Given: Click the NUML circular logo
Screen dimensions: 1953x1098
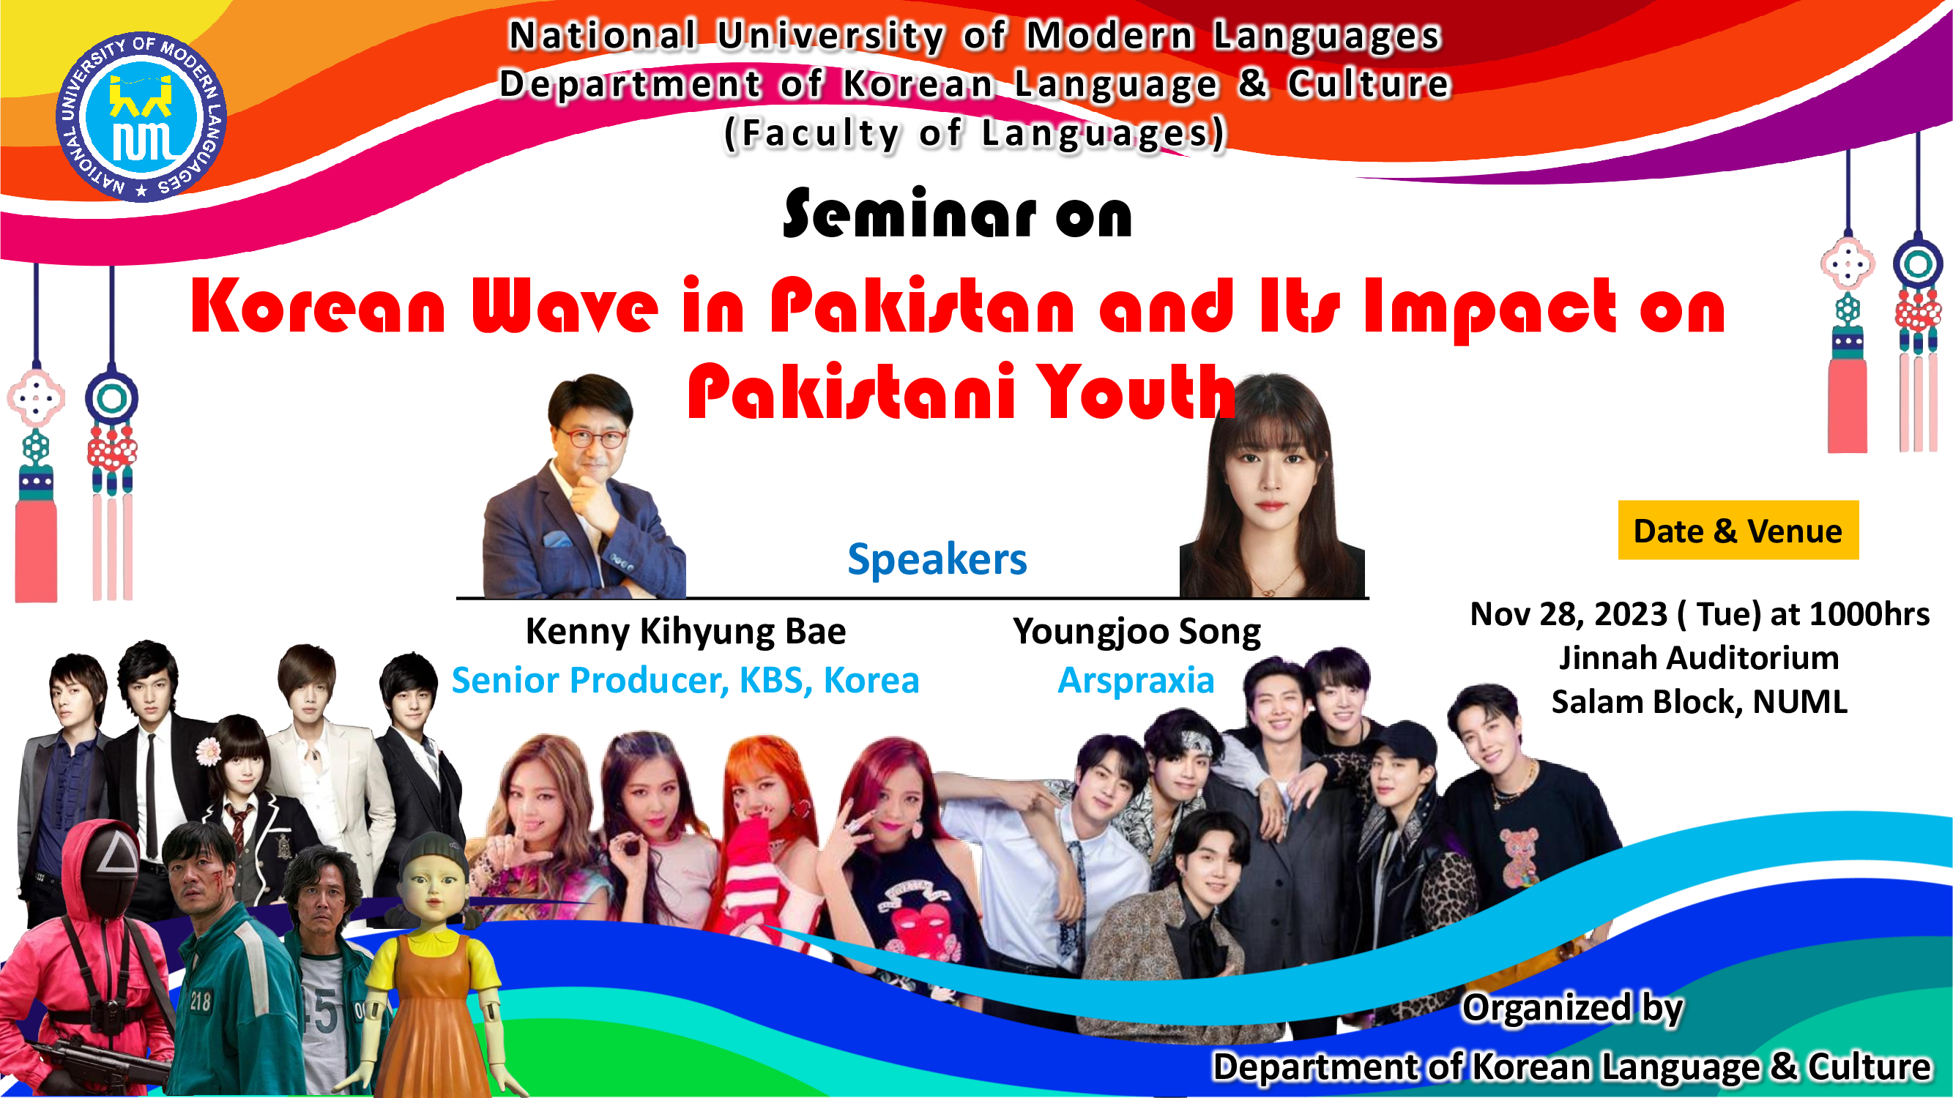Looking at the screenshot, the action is point(141,117).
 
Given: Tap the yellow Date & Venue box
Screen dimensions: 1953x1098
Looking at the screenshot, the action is point(1738,530).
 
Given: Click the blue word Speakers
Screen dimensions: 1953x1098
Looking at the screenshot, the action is point(937,559).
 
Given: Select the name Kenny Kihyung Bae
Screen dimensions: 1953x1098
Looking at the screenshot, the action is point(685,630).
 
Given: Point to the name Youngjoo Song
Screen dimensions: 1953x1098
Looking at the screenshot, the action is point(1137,632).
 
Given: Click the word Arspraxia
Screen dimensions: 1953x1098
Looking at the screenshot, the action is point(1136,680).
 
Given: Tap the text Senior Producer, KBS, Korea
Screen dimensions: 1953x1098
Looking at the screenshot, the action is point(685,680).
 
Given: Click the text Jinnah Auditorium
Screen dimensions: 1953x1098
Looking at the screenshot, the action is point(1698,657).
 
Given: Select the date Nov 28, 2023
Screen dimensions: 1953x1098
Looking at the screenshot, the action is point(1569,614).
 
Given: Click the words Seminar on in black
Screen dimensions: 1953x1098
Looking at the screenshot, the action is point(958,214).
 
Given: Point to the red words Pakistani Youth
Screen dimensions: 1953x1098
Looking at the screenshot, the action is point(961,392).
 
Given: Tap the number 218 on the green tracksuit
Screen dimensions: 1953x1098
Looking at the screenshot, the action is point(200,1000).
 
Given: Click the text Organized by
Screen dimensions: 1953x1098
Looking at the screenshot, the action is point(1572,1008).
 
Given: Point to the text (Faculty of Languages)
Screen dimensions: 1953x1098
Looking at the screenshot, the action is point(975,133).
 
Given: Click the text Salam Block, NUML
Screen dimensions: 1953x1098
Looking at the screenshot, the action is point(1699,702).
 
